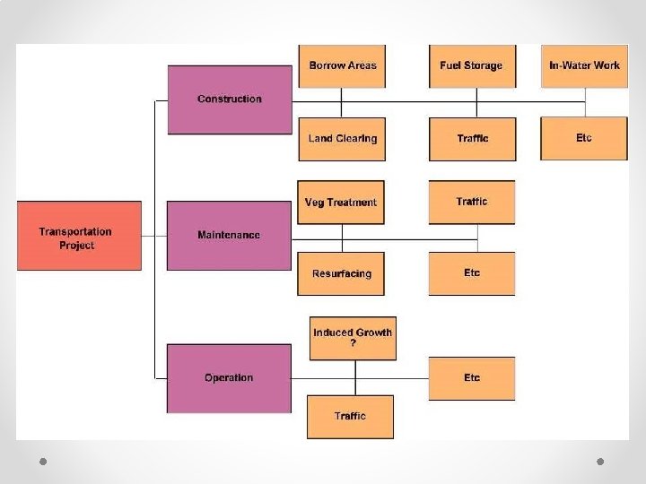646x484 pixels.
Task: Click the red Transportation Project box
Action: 79,237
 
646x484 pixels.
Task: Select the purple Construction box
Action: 230,99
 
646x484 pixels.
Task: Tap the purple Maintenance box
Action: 229,235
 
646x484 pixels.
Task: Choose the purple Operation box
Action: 229,377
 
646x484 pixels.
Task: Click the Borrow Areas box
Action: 342,65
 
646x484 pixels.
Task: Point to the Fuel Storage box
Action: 472,65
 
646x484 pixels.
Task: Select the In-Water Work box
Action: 584,65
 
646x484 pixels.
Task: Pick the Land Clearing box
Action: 342,139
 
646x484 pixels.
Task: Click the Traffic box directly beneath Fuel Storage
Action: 472,139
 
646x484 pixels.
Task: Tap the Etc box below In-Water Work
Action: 584,138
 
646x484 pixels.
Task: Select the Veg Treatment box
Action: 341,202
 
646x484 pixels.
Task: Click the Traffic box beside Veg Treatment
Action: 472,202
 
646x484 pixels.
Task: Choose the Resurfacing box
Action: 341,273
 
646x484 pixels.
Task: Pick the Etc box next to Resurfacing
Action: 472,273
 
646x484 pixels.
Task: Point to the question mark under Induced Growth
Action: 353,343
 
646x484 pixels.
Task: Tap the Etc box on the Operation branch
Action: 472,377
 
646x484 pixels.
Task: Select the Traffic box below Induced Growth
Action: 351,416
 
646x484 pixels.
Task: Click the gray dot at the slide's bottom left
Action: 42,461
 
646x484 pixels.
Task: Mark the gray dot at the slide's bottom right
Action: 601,461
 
